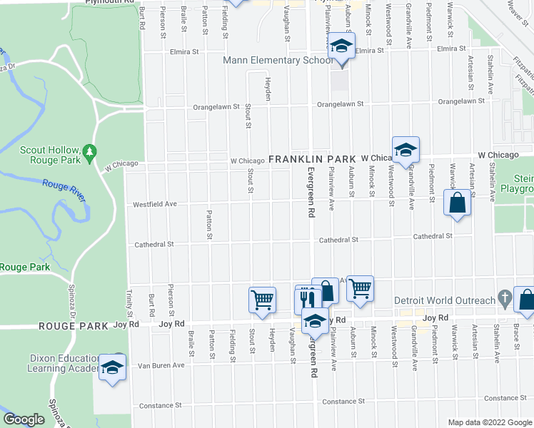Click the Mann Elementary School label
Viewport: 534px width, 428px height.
[x=277, y=61]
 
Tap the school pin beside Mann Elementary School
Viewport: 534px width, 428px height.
[x=341, y=47]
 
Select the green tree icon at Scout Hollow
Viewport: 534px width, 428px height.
[x=89, y=152]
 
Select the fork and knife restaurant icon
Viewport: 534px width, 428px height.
[x=307, y=299]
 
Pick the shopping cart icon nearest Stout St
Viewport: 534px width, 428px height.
[x=262, y=300]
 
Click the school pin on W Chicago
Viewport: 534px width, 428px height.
[x=405, y=150]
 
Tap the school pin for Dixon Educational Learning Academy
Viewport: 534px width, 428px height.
[x=112, y=367]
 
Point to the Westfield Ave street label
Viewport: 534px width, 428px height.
[x=155, y=205]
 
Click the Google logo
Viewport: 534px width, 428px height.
[x=24, y=419]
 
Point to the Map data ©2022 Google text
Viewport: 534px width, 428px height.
[x=489, y=422]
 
